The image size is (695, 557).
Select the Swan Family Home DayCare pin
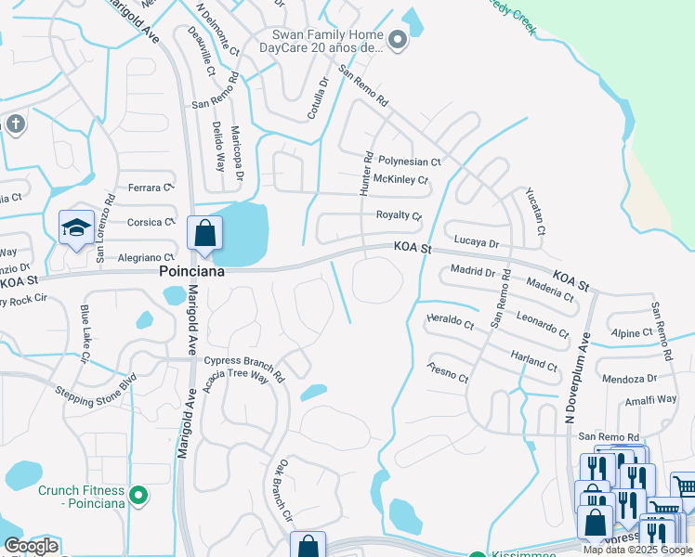click(x=398, y=39)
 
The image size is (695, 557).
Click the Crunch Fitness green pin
click(x=138, y=496)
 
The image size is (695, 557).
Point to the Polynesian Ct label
click(x=410, y=162)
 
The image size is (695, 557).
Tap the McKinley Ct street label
click(x=400, y=180)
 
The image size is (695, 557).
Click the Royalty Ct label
click(x=399, y=215)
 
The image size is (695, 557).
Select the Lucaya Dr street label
click(x=477, y=242)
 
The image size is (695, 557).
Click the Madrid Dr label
click(x=473, y=272)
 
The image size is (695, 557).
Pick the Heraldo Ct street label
click(x=450, y=321)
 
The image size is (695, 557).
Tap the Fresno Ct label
click(x=448, y=373)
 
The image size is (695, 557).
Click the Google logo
click(x=31, y=546)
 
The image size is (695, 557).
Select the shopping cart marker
click(x=683, y=485)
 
